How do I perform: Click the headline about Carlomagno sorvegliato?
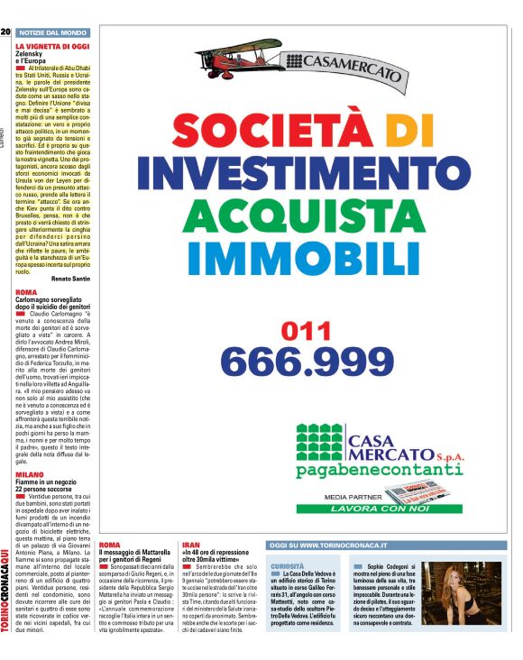point(53,304)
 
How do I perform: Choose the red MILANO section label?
point(30,473)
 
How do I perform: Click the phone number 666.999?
point(308,362)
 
